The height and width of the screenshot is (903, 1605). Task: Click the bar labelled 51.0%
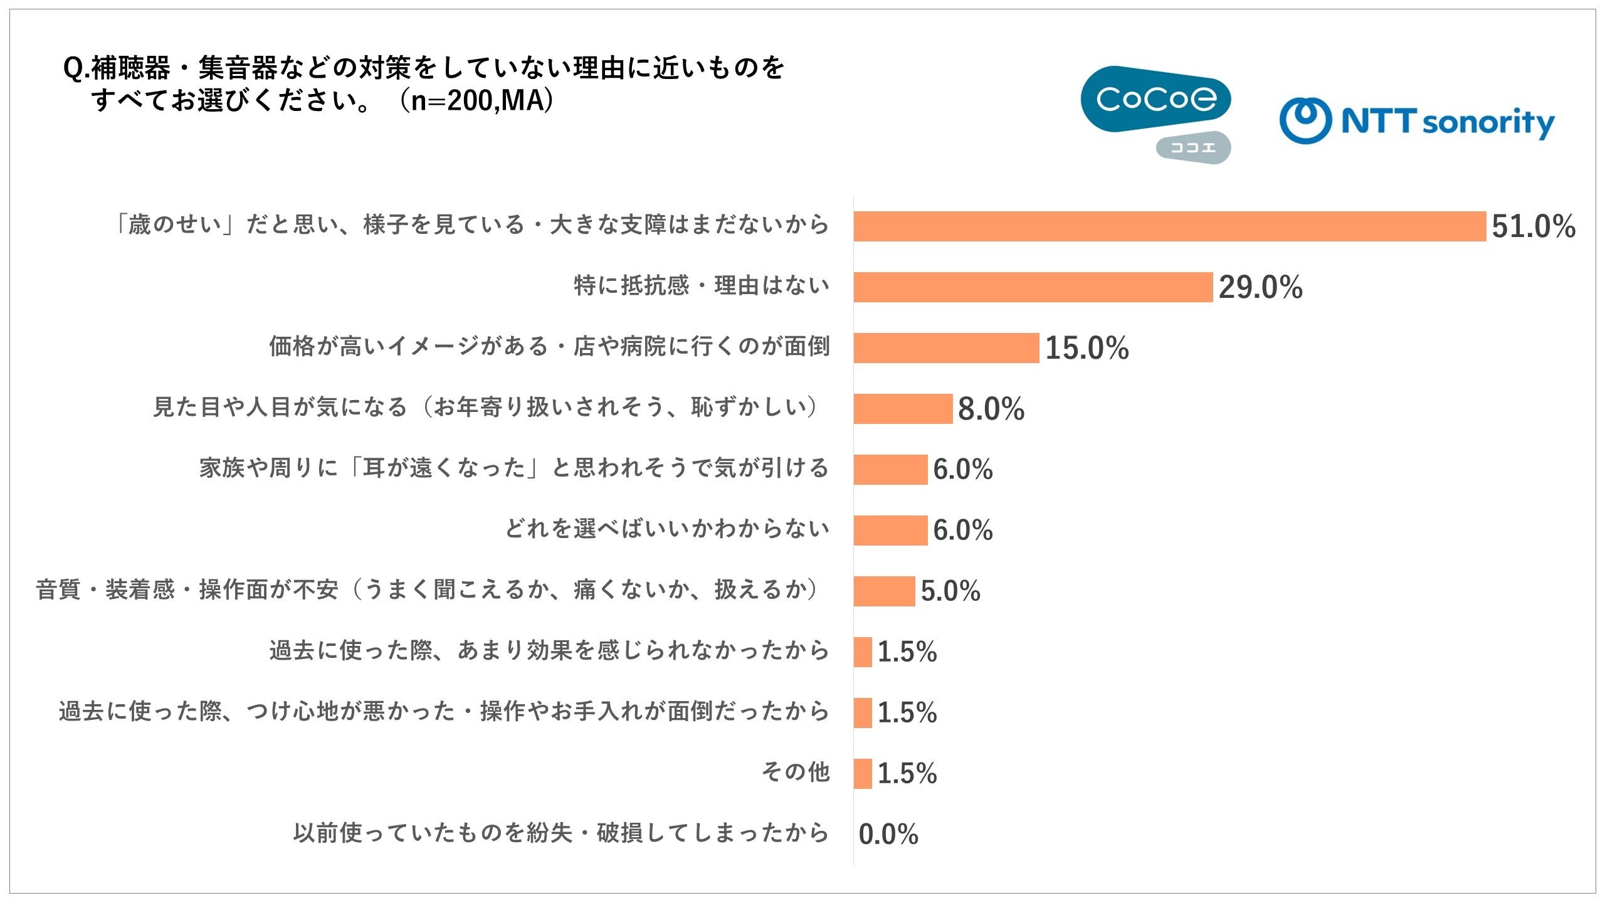click(x=1170, y=226)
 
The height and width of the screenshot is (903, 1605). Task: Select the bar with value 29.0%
click(x=1033, y=287)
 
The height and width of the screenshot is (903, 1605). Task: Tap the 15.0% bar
click(x=947, y=348)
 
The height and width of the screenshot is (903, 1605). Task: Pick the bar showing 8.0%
click(x=903, y=409)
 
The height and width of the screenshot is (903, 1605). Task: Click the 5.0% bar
click(x=885, y=591)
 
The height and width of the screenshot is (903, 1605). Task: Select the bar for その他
click(x=863, y=774)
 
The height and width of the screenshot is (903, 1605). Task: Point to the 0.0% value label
click(x=888, y=835)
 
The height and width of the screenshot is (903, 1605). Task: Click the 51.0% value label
click(x=1534, y=226)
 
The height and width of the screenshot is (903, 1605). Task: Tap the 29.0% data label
click(x=1261, y=287)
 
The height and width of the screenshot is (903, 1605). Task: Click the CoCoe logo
click(x=1155, y=99)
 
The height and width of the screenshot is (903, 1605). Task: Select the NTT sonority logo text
click(x=1448, y=122)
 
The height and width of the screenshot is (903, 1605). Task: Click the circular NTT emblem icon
click(x=1305, y=120)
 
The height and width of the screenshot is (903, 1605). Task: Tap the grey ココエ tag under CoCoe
click(x=1194, y=148)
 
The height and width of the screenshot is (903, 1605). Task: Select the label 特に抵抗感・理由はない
click(x=702, y=286)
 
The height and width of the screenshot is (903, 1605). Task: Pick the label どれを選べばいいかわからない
click(x=667, y=529)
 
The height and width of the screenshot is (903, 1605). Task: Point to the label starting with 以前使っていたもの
click(x=561, y=833)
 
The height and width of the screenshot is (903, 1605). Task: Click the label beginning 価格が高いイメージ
click(x=549, y=347)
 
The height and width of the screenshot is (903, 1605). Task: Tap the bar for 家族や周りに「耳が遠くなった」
click(x=891, y=470)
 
